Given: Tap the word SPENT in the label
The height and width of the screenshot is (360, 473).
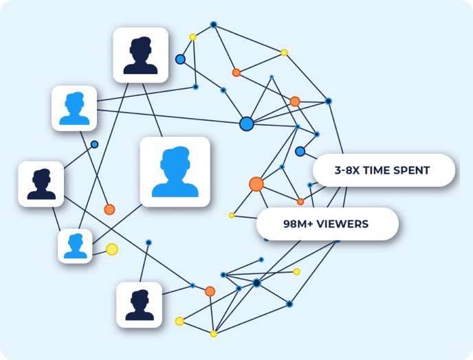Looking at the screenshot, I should [x=415, y=170].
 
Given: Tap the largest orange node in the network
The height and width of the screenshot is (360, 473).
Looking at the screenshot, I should [x=256, y=184].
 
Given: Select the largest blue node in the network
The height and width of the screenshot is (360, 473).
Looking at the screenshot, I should [x=246, y=124].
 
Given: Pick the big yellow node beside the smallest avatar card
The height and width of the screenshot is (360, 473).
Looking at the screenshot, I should [x=111, y=249].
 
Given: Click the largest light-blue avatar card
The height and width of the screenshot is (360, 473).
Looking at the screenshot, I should [x=175, y=172].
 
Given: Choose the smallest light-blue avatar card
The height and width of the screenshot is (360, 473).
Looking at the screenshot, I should [x=75, y=246].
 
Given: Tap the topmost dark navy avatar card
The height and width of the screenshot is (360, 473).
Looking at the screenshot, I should [x=140, y=55].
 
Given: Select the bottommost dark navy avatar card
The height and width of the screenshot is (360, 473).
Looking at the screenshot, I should [x=139, y=304].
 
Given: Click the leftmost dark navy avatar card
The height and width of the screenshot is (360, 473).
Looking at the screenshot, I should [x=41, y=184].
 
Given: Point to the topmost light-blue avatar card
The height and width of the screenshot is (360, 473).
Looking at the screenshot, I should [x=74, y=108].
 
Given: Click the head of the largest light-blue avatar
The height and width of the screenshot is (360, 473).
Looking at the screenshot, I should [x=175, y=161].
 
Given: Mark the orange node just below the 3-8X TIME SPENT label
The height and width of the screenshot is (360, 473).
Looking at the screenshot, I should [x=300, y=201].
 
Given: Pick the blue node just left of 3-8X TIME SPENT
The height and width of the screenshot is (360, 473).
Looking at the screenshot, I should [x=300, y=151].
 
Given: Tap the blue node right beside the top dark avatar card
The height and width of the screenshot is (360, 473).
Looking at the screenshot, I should [x=180, y=59].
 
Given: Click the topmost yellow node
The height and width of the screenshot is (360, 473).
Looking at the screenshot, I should [x=192, y=37].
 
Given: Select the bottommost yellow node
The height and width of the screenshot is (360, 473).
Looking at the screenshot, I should [x=213, y=334].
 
